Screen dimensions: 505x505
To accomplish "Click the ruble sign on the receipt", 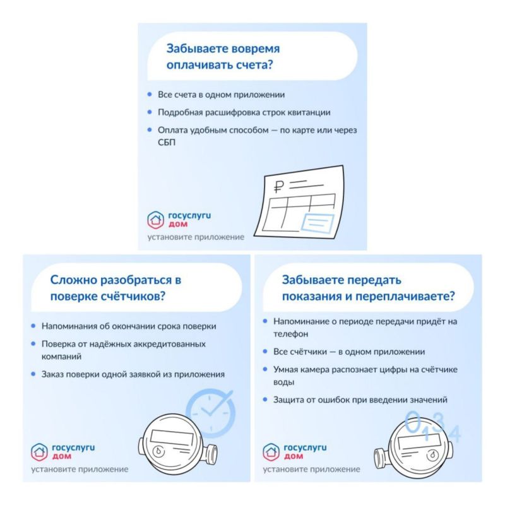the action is click(x=279, y=186).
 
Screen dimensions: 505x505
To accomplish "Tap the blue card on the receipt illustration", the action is click(x=318, y=223).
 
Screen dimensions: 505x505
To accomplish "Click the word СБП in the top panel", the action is click(x=167, y=143).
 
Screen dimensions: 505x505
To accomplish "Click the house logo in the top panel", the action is click(x=155, y=220).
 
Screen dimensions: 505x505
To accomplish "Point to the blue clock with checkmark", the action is click(x=211, y=413).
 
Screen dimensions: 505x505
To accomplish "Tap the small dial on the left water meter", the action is click(x=158, y=451).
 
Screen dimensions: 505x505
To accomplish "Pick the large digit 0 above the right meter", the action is click(x=413, y=421).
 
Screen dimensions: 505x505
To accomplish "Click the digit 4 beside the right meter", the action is click(x=455, y=433).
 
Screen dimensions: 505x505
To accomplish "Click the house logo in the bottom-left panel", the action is click(x=39, y=452).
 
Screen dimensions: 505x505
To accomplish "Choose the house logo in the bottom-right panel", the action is click(x=271, y=452).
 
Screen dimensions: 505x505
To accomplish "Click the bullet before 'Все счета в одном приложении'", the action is click(x=150, y=94).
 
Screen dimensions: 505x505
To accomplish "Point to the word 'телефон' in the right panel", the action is click(x=291, y=334).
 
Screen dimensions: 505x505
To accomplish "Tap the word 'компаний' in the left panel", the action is click(x=61, y=357).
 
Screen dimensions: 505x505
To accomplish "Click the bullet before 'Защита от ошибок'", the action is click(x=265, y=400).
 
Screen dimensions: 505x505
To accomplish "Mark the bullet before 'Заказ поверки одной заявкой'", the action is click(x=33, y=374).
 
